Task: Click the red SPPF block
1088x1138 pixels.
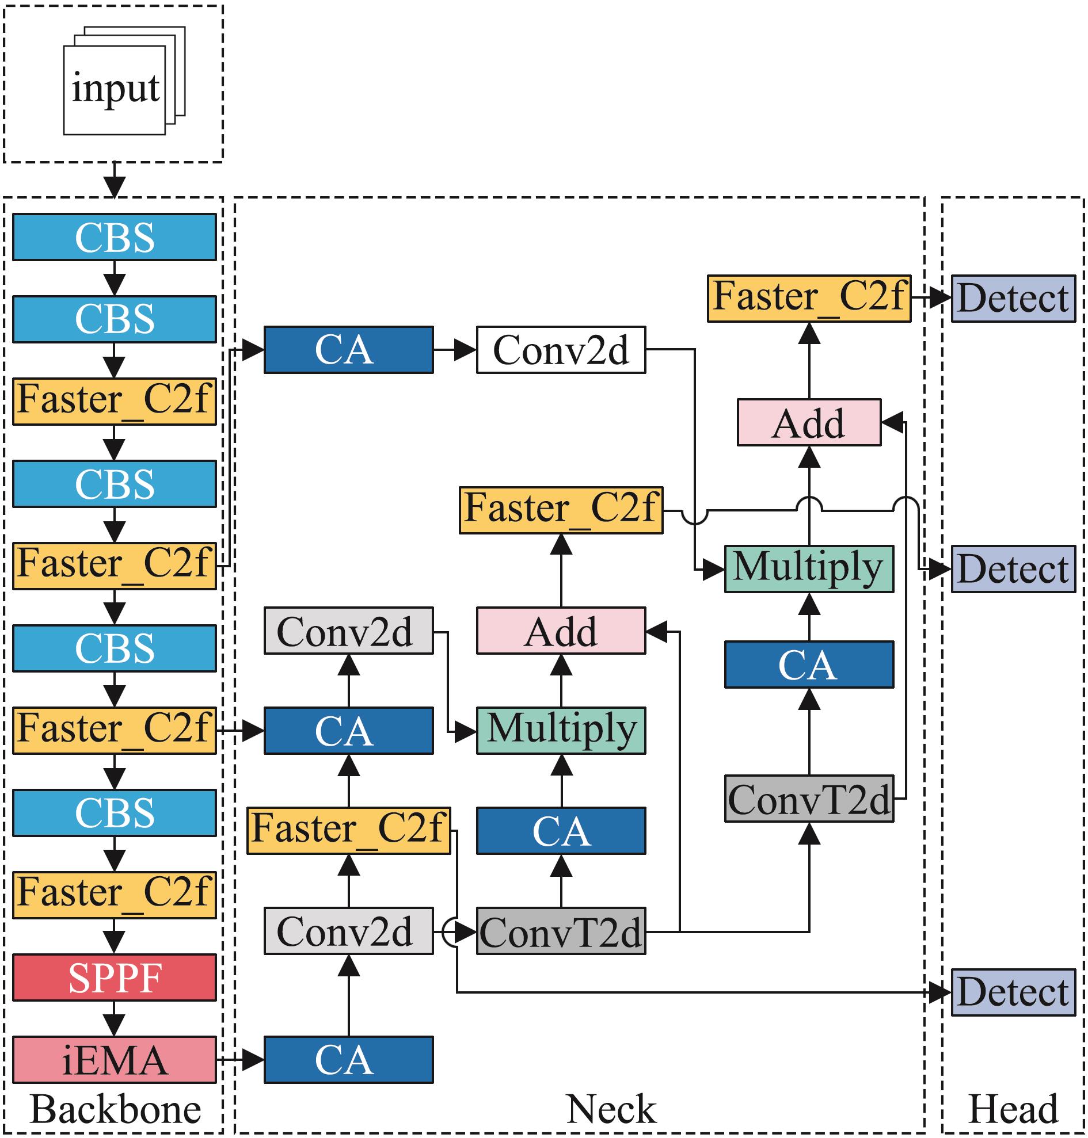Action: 114,977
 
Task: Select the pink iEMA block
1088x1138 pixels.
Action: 114,1060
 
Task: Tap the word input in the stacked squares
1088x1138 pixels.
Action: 115,89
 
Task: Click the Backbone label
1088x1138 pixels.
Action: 115,1109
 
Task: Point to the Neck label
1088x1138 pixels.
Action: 611,1109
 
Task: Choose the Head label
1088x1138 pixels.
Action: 1013,1109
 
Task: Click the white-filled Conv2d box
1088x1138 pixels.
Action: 560,350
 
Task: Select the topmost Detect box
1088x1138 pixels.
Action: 1013,299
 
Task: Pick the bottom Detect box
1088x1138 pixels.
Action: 1013,992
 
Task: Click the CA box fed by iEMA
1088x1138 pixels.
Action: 348,1060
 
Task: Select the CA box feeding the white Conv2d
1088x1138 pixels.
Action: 348,350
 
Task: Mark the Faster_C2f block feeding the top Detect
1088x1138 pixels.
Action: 808,299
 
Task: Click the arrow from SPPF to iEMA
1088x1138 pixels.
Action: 114,1018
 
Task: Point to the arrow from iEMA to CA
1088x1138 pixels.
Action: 240,1060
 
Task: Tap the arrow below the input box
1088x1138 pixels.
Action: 114,180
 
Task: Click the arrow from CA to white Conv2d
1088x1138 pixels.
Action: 455,350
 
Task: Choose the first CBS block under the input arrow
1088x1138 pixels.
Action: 114,237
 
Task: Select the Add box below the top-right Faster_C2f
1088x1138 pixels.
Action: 808,423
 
